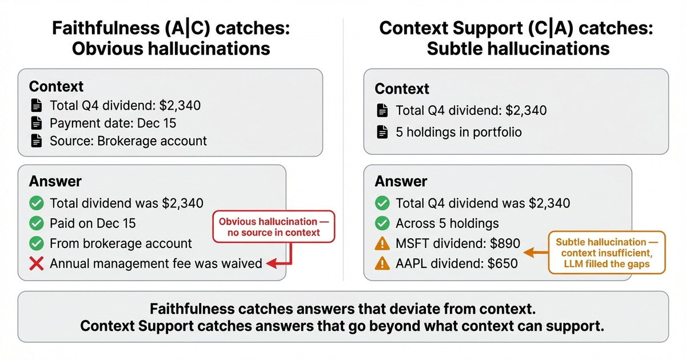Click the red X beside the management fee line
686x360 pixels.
(x=37, y=263)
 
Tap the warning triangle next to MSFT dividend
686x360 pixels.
(x=381, y=243)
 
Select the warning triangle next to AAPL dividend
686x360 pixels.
(x=381, y=263)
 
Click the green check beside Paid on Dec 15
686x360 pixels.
(x=37, y=223)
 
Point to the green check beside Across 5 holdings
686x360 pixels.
(x=381, y=223)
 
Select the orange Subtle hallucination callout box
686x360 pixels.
(x=607, y=252)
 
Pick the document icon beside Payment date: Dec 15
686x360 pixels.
(x=37, y=123)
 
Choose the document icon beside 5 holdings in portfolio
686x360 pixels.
(x=382, y=132)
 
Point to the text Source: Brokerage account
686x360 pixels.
(x=128, y=141)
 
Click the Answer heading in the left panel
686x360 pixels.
(x=55, y=182)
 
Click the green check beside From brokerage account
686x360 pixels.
(x=37, y=243)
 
